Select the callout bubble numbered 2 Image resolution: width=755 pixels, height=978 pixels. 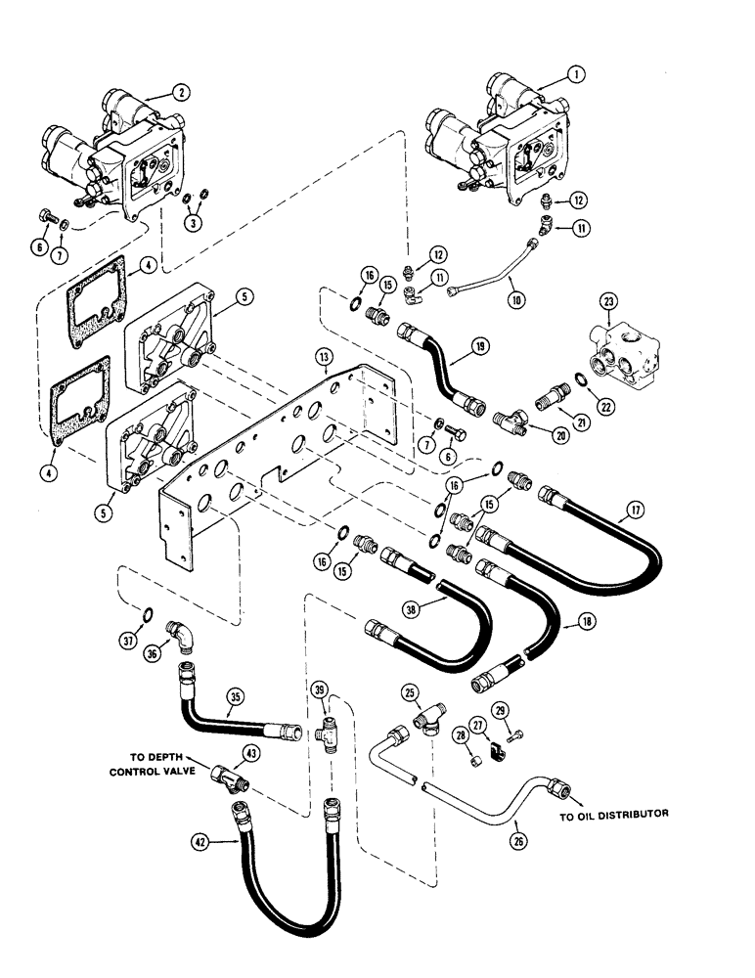point(182,92)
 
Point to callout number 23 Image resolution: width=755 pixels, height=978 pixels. point(608,305)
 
